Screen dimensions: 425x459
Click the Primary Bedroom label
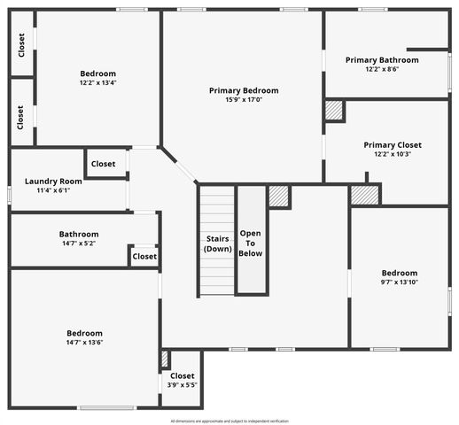pos(244,90)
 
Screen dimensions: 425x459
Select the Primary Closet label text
pos(393,144)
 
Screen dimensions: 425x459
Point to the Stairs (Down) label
pos(217,243)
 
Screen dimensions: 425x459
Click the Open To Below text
pos(251,243)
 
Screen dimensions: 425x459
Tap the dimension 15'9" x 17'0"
pos(244,100)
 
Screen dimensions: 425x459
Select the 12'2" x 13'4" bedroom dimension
pos(97,83)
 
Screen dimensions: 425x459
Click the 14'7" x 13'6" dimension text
pos(84,343)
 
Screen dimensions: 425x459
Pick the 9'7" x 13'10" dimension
pos(400,282)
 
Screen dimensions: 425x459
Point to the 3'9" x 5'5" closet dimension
pos(182,385)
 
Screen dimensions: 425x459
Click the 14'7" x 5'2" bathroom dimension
pos(79,243)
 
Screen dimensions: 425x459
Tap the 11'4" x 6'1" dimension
pos(53,189)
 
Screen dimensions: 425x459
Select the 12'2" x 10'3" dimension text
pos(393,154)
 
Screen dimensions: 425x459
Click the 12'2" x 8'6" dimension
pos(382,69)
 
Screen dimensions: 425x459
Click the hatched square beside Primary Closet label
pos(334,111)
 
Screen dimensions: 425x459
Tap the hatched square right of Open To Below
pos(279,196)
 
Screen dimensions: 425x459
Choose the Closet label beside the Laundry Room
pos(103,164)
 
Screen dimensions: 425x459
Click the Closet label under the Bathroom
pos(144,257)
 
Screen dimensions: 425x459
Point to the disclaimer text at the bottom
pos(229,419)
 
